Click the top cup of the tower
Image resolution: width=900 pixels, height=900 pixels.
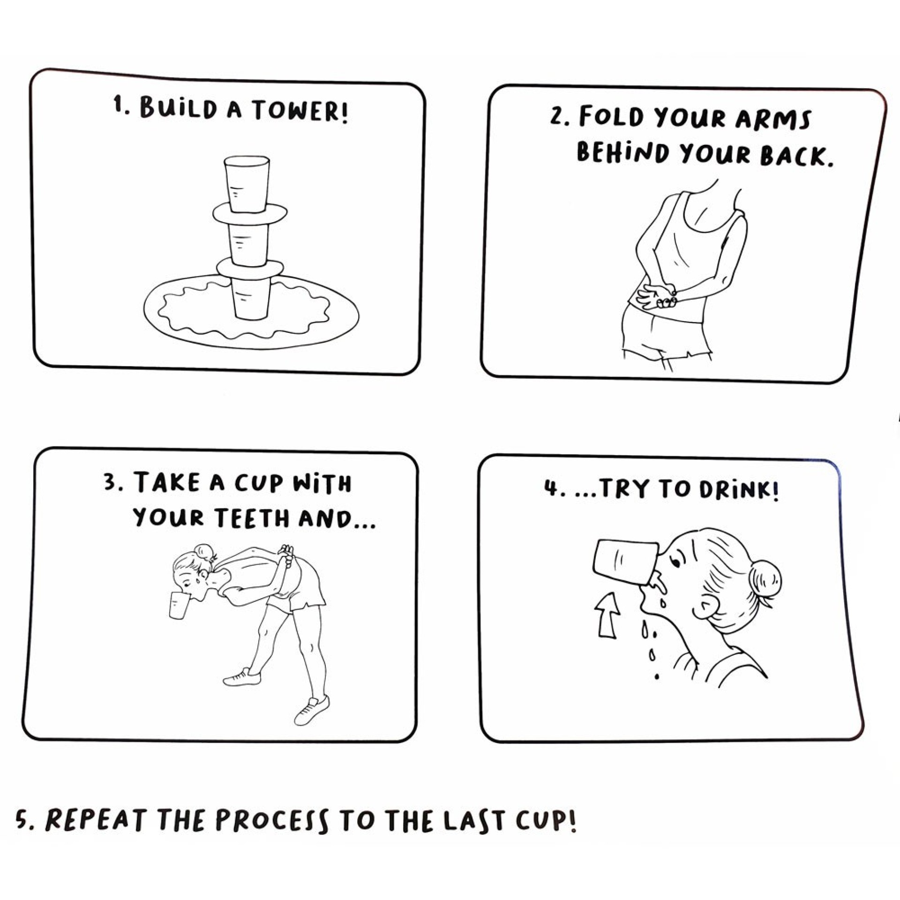(247, 184)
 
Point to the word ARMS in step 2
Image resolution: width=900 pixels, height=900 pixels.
(773, 119)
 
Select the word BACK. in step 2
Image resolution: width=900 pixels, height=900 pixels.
(797, 156)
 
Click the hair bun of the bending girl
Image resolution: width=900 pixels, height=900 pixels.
(203, 550)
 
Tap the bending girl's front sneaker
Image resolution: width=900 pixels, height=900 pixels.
(242, 677)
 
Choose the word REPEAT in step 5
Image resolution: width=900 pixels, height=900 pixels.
(95, 821)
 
